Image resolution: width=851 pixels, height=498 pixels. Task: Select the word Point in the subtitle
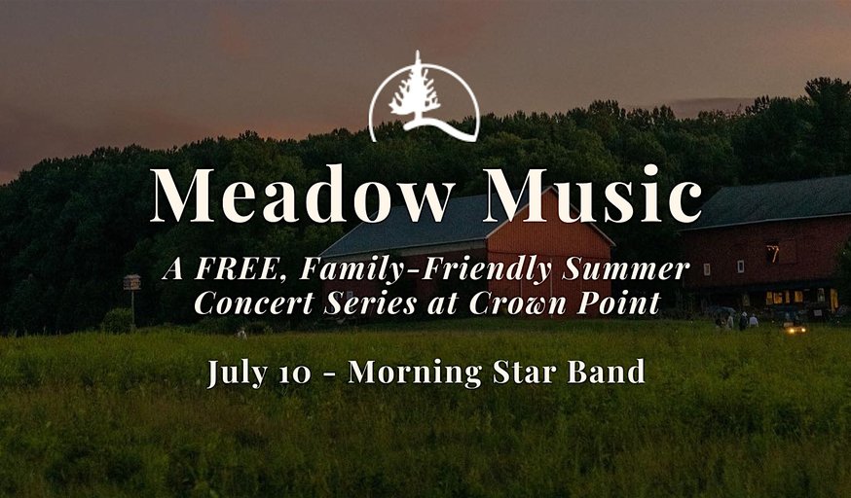pyautogui.click(x=622, y=302)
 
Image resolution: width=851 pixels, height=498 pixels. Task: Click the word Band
pyautogui.click(x=607, y=373)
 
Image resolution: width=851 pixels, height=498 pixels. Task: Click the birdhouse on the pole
pyautogui.click(x=131, y=282)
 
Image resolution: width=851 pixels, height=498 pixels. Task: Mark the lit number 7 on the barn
pyautogui.click(x=772, y=253)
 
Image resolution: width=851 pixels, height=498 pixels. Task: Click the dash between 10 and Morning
pyautogui.click(x=330, y=374)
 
